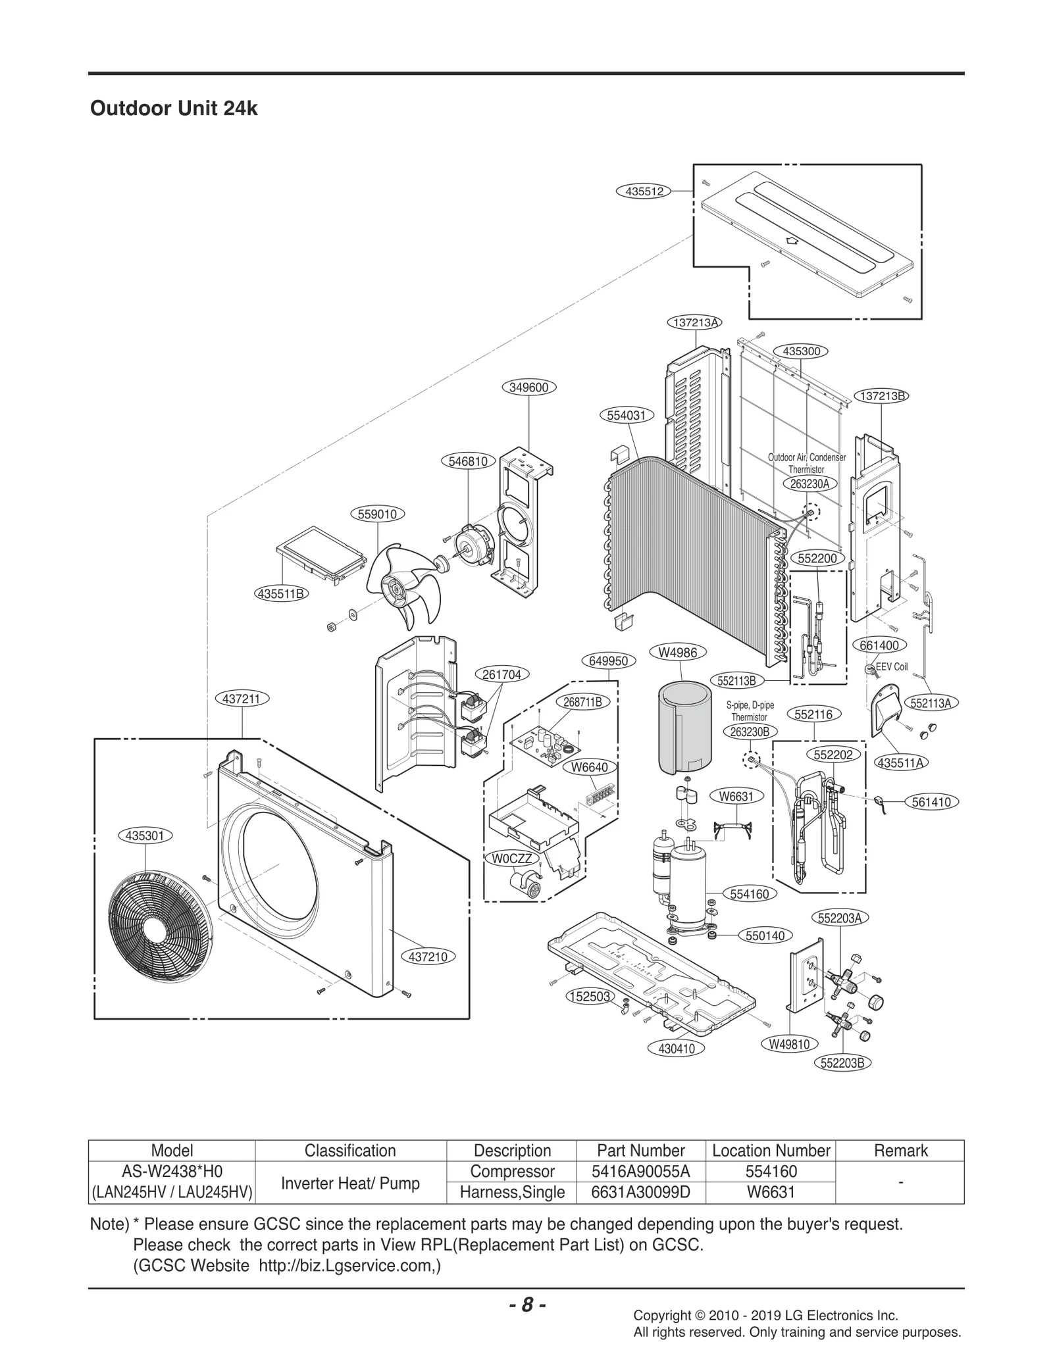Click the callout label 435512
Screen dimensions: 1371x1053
point(644,191)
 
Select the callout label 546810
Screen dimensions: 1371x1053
point(468,461)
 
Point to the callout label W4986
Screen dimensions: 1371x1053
point(682,653)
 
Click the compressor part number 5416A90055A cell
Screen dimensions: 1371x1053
point(640,1172)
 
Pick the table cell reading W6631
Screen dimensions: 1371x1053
point(771,1192)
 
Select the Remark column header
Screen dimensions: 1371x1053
point(900,1151)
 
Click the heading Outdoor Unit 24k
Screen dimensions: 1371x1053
point(174,109)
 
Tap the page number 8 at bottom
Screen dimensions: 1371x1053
point(527,1305)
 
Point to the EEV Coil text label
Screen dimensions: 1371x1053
point(892,667)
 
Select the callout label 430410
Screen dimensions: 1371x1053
point(677,1049)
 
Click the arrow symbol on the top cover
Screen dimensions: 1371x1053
point(793,241)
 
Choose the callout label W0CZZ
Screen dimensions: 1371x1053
point(512,859)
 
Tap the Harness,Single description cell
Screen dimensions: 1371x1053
point(512,1192)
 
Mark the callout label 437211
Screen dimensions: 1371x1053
point(242,699)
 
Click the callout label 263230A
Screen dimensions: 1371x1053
point(809,484)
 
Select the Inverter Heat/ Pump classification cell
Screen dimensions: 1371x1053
point(350,1183)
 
